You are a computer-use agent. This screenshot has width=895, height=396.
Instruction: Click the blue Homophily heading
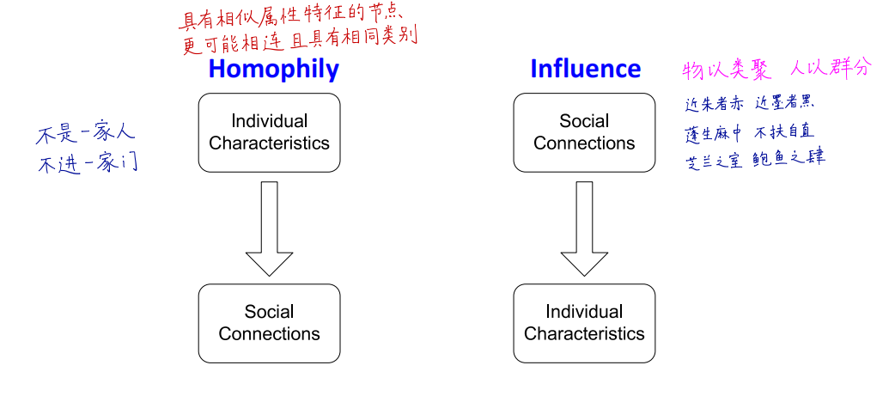pos(273,70)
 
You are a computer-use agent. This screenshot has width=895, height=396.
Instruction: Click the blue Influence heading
pos(585,69)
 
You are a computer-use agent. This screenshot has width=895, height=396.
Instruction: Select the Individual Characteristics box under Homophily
pos(270,132)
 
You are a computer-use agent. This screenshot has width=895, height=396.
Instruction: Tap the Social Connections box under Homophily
pos(270,323)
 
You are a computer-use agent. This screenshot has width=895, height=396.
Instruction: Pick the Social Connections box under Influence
pos(584,132)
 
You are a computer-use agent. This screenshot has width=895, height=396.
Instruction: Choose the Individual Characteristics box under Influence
pos(584,323)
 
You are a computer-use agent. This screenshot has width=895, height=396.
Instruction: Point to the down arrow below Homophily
pos(270,228)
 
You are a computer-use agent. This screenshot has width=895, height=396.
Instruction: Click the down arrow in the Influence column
pos(584,228)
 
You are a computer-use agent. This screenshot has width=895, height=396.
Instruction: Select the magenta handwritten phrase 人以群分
pos(829,69)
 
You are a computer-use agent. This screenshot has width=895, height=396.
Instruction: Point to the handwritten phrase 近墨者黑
pos(785,104)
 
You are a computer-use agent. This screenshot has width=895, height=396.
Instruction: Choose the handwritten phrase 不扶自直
pos(784,132)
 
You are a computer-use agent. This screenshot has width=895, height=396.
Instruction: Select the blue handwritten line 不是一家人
pos(85,137)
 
